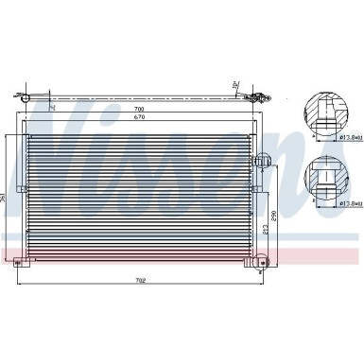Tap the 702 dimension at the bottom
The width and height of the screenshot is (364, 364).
click(x=140, y=280)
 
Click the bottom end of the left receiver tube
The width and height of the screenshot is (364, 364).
click(x=23, y=253)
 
